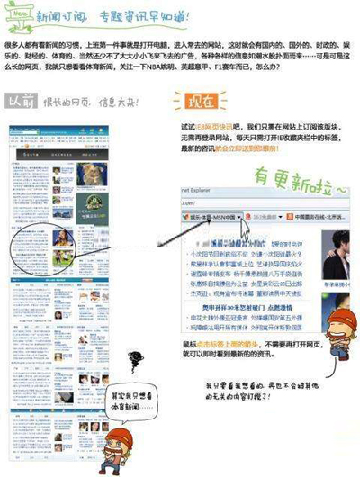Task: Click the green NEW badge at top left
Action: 17,16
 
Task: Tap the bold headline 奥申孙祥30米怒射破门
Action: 220,306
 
